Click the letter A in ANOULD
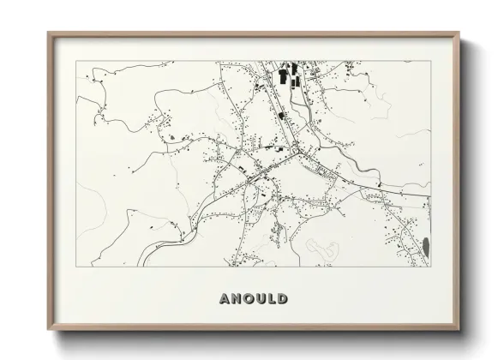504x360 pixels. pos(225,299)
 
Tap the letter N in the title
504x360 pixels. pos(236,299)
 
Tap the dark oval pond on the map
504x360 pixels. pos(426,247)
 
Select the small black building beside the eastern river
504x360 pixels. pos(378,183)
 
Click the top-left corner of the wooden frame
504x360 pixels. pos(49,33)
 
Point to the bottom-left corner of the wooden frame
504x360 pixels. pos(49,332)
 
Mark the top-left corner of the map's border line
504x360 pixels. pos(75,61)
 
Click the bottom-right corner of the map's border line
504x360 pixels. pos(431,266)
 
